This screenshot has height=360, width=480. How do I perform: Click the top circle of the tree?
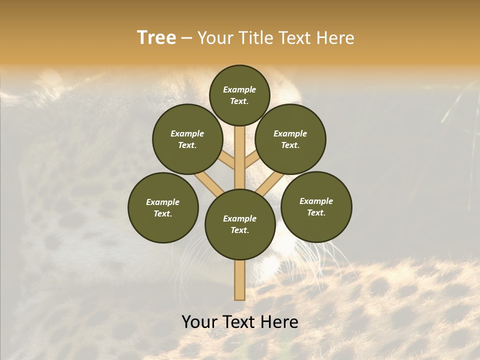tap(239, 95)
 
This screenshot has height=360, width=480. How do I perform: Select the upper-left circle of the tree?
tap(187, 139)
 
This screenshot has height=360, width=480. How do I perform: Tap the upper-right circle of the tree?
tap(290, 139)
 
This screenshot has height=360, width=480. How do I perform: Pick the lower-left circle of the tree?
tap(163, 207)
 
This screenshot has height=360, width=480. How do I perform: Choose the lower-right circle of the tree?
tap(316, 206)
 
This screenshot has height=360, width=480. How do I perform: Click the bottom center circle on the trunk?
tap(240, 224)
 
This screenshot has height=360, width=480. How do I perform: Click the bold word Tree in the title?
tap(156, 37)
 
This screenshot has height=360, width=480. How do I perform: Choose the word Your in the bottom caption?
tap(199, 322)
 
